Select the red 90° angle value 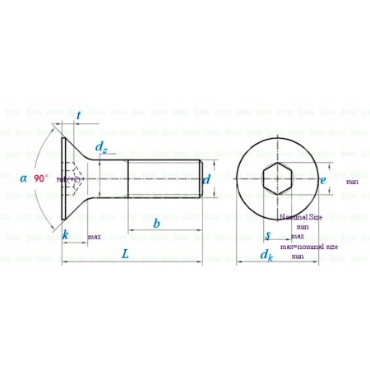41,177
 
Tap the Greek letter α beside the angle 23,177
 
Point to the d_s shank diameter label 100,147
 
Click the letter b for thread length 156,224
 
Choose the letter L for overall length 125,254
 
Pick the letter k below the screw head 66,235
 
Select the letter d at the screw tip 207,179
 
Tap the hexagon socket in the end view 276,178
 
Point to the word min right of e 352,182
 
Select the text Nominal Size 302,216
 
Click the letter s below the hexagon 268,236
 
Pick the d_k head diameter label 266,255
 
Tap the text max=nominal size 309,246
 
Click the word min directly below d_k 298,257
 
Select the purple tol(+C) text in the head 69,178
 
